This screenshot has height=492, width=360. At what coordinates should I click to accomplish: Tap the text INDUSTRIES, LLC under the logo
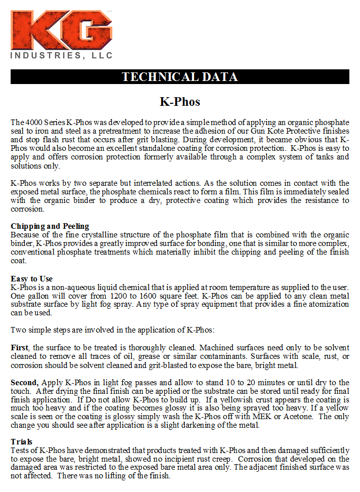click(62, 56)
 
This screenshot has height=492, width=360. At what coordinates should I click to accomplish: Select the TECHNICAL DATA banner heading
click(180, 77)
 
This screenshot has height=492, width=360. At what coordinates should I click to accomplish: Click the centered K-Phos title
click(180, 102)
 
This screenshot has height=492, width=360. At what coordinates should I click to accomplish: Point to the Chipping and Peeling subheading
click(50, 226)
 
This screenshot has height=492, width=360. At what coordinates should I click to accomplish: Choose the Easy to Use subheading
click(31, 279)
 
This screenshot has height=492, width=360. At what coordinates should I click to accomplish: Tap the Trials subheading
click(21, 442)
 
